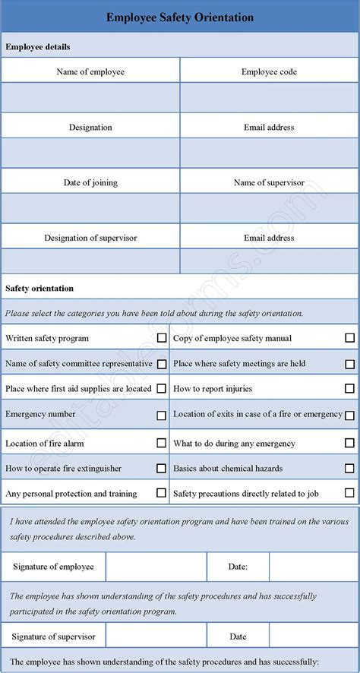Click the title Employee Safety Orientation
pos(180,17)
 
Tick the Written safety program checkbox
pos(162,338)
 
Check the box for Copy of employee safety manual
pos(349,338)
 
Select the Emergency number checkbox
pos(162,415)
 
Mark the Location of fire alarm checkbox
pos(162,443)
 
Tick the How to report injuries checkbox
pos(349,389)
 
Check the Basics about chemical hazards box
pos(349,469)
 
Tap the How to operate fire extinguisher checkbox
pos(162,469)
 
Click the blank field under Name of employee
pos(90,98)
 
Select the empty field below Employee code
pos(270,98)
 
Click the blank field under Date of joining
pos(90,208)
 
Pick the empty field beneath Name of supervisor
pos(270,208)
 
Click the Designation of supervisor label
pos(90,238)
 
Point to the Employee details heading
pos(38,47)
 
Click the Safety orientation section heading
pos(39,289)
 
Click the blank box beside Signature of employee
pos(156,567)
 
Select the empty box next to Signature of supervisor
pos(156,637)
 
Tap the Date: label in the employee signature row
pos(238,567)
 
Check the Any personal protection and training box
pos(162,493)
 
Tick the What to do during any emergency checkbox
pos(349,443)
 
